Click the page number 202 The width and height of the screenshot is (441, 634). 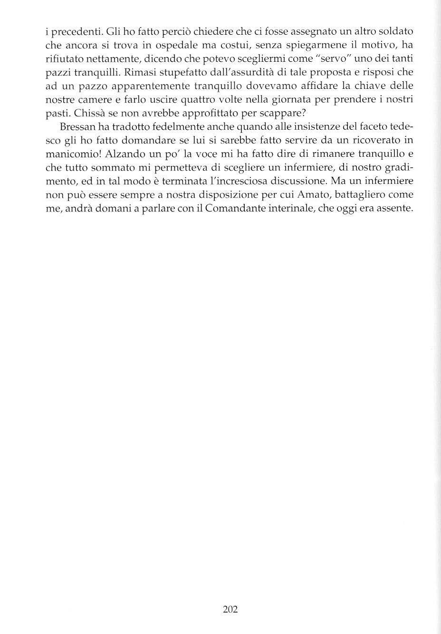tap(230, 609)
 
